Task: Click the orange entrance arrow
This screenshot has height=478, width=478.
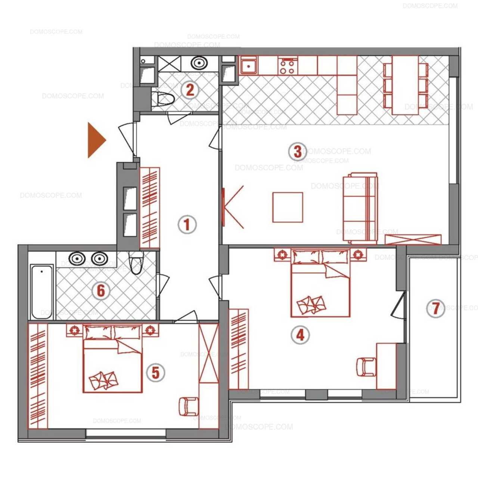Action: (96, 140)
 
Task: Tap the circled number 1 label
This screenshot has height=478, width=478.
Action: (187, 224)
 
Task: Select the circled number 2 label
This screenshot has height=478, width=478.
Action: (190, 90)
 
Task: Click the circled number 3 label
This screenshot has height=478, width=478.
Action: (297, 152)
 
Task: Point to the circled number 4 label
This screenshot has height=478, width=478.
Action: (300, 335)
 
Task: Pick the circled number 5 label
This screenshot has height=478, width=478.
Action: (156, 373)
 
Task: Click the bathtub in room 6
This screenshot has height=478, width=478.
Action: (42, 292)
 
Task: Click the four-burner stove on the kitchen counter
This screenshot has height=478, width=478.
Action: (288, 65)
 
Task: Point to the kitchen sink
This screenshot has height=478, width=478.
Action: (248, 65)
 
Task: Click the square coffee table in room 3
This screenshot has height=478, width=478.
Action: (288, 207)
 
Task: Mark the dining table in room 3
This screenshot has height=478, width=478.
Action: (405, 86)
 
